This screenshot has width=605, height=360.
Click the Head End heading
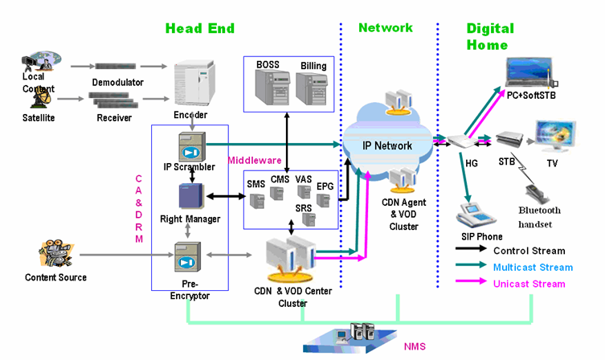[200, 29]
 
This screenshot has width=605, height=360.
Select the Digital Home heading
[490, 36]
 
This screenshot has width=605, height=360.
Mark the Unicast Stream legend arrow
[472, 283]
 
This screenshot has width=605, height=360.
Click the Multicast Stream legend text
[533, 267]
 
